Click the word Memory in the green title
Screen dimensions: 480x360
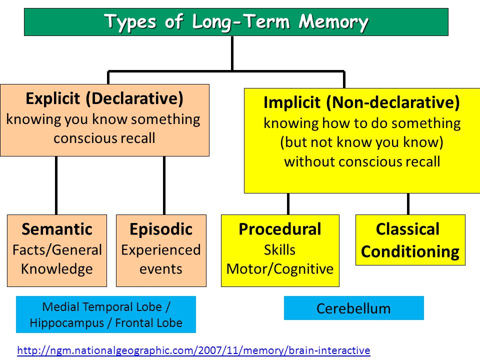tap(333, 22)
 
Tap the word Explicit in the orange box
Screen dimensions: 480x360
tap(52, 98)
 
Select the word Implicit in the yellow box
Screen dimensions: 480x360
tap(291, 102)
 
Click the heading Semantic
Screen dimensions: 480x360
tap(57, 229)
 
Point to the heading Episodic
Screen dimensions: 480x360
tap(161, 229)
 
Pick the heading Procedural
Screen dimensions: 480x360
tap(280, 229)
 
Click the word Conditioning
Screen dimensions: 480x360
tap(410, 251)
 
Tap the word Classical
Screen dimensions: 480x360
tap(408, 229)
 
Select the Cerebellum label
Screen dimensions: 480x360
tap(353, 308)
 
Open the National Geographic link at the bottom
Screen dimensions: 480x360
tap(194, 350)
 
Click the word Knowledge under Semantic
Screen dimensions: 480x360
tap(57, 269)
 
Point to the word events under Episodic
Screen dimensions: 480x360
tap(161, 269)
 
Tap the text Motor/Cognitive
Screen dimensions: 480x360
tap(280, 269)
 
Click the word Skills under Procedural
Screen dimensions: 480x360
tap(280, 250)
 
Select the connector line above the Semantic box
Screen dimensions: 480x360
tap(56, 185)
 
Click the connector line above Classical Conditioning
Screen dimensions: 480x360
tap(408, 204)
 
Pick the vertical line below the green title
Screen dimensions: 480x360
tap(232, 53)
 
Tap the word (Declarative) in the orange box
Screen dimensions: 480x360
tap(134, 98)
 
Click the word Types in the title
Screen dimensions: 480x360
tap(130, 22)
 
